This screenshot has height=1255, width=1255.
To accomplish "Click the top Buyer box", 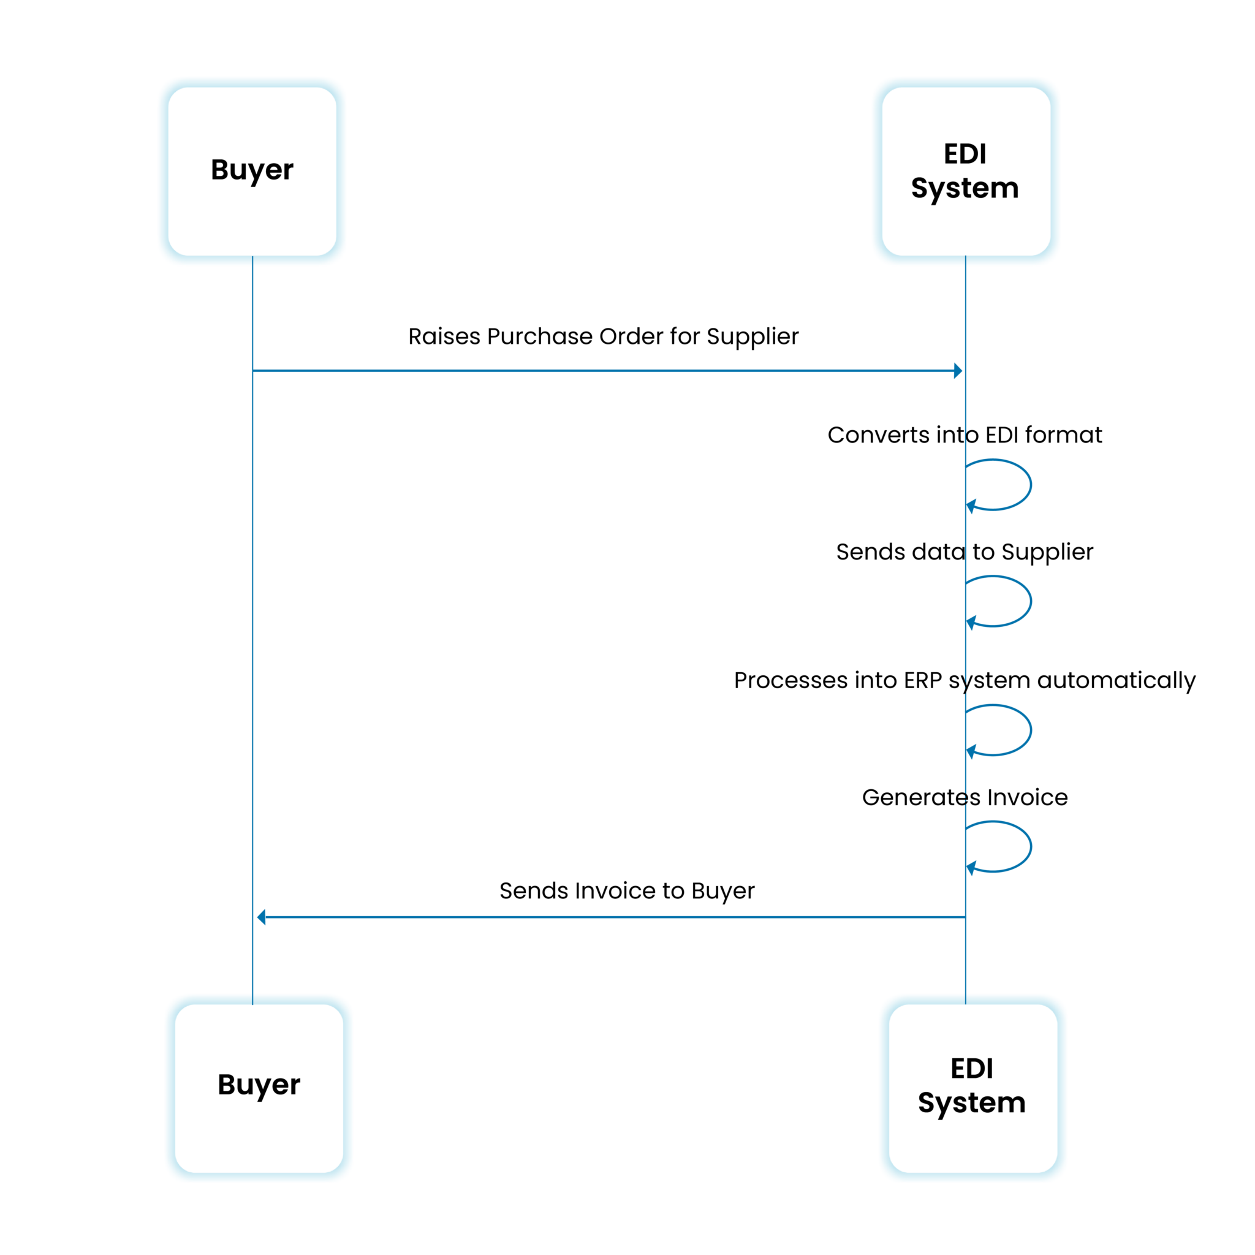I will point(252,172).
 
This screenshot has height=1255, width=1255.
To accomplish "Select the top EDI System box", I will point(966,172).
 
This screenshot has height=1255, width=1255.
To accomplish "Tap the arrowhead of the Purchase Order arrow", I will point(958,371).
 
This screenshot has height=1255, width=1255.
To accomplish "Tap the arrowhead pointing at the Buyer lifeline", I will point(261,917).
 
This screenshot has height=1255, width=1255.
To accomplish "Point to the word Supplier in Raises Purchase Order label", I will point(753,336).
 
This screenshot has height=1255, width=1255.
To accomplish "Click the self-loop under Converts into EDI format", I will point(1000,485).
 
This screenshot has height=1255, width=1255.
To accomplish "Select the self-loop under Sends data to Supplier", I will point(1000,601).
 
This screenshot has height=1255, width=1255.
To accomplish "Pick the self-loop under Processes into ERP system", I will point(1000,729).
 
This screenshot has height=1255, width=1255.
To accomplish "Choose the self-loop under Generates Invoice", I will point(1000,846).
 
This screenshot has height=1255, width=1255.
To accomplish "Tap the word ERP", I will point(922,680).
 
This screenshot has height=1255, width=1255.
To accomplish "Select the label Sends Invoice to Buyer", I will point(627,890).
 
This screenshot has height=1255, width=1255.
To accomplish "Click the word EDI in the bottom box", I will point(972,1068).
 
